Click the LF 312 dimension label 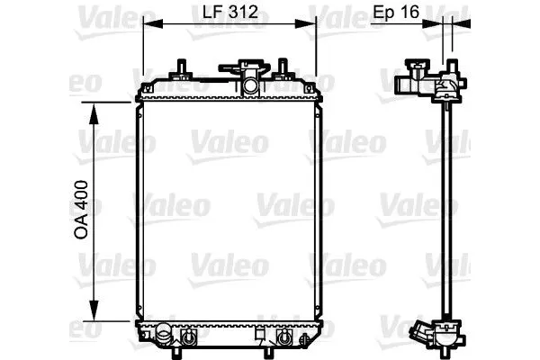[x=230, y=12]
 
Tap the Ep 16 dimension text [x=396, y=12]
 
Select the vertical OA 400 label [x=81, y=210]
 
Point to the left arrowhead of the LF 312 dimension [x=153, y=23]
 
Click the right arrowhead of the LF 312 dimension [x=306, y=23]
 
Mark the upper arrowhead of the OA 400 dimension [x=94, y=113]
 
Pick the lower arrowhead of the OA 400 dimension [x=94, y=310]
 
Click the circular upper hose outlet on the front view [x=250, y=85]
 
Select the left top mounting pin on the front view [x=181, y=68]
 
